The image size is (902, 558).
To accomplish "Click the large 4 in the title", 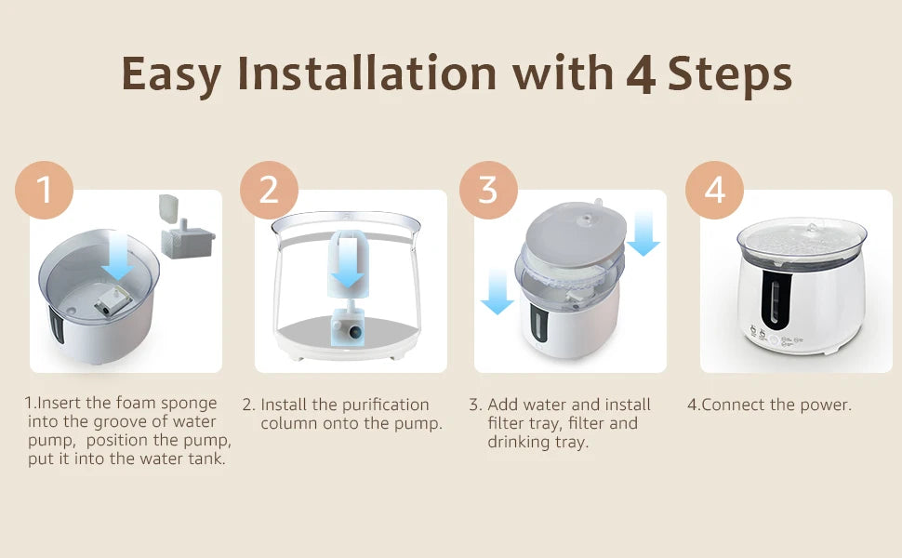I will pyautogui.click(x=641, y=74).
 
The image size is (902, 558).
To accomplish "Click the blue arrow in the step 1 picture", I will pyautogui.click(x=117, y=258).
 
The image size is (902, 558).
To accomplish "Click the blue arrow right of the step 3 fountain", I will pyautogui.click(x=643, y=233).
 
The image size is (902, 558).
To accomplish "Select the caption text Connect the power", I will pyautogui.click(x=770, y=405).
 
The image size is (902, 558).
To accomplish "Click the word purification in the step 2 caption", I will pyautogui.click(x=384, y=405).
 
